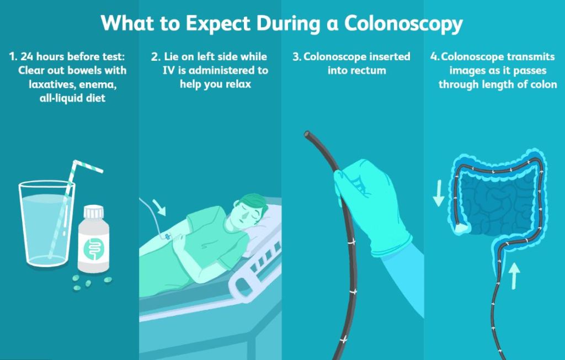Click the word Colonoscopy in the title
[403, 24]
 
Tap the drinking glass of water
[47, 224]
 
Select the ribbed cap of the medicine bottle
[94, 212]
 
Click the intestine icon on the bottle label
[94, 248]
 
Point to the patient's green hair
[254, 203]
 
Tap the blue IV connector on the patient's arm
[168, 237]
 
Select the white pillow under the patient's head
[265, 231]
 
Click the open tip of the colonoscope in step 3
[307, 134]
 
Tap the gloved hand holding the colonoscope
[371, 205]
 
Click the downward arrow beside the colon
[439, 193]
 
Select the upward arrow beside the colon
[515, 276]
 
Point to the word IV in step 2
[169, 70]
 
